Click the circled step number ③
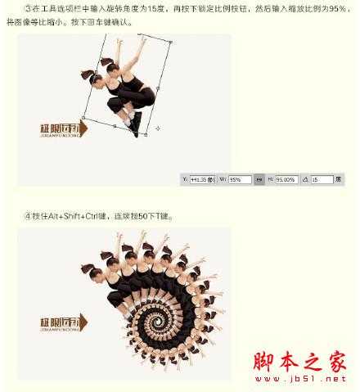[x=28, y=7]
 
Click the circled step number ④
[x=28, y=216]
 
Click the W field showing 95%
[x=239, y=178]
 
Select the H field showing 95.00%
[x=286, y=178]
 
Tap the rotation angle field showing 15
[x=321, y=178]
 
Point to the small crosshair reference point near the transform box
[x=157, y=128]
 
